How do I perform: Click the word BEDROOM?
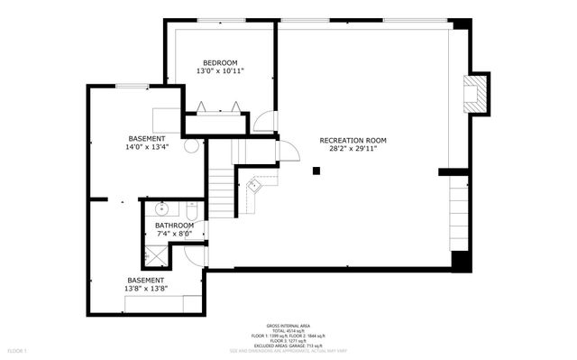[220, 61]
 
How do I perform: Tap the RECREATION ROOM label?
[353, 140]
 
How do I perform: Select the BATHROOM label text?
[174, 226]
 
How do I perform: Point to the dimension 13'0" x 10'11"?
[220, 70]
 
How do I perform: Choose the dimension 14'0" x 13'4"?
[146, 147]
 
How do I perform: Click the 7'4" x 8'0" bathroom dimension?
[174, 234]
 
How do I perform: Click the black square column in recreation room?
[316, 171]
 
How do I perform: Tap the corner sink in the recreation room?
[254, 186]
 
